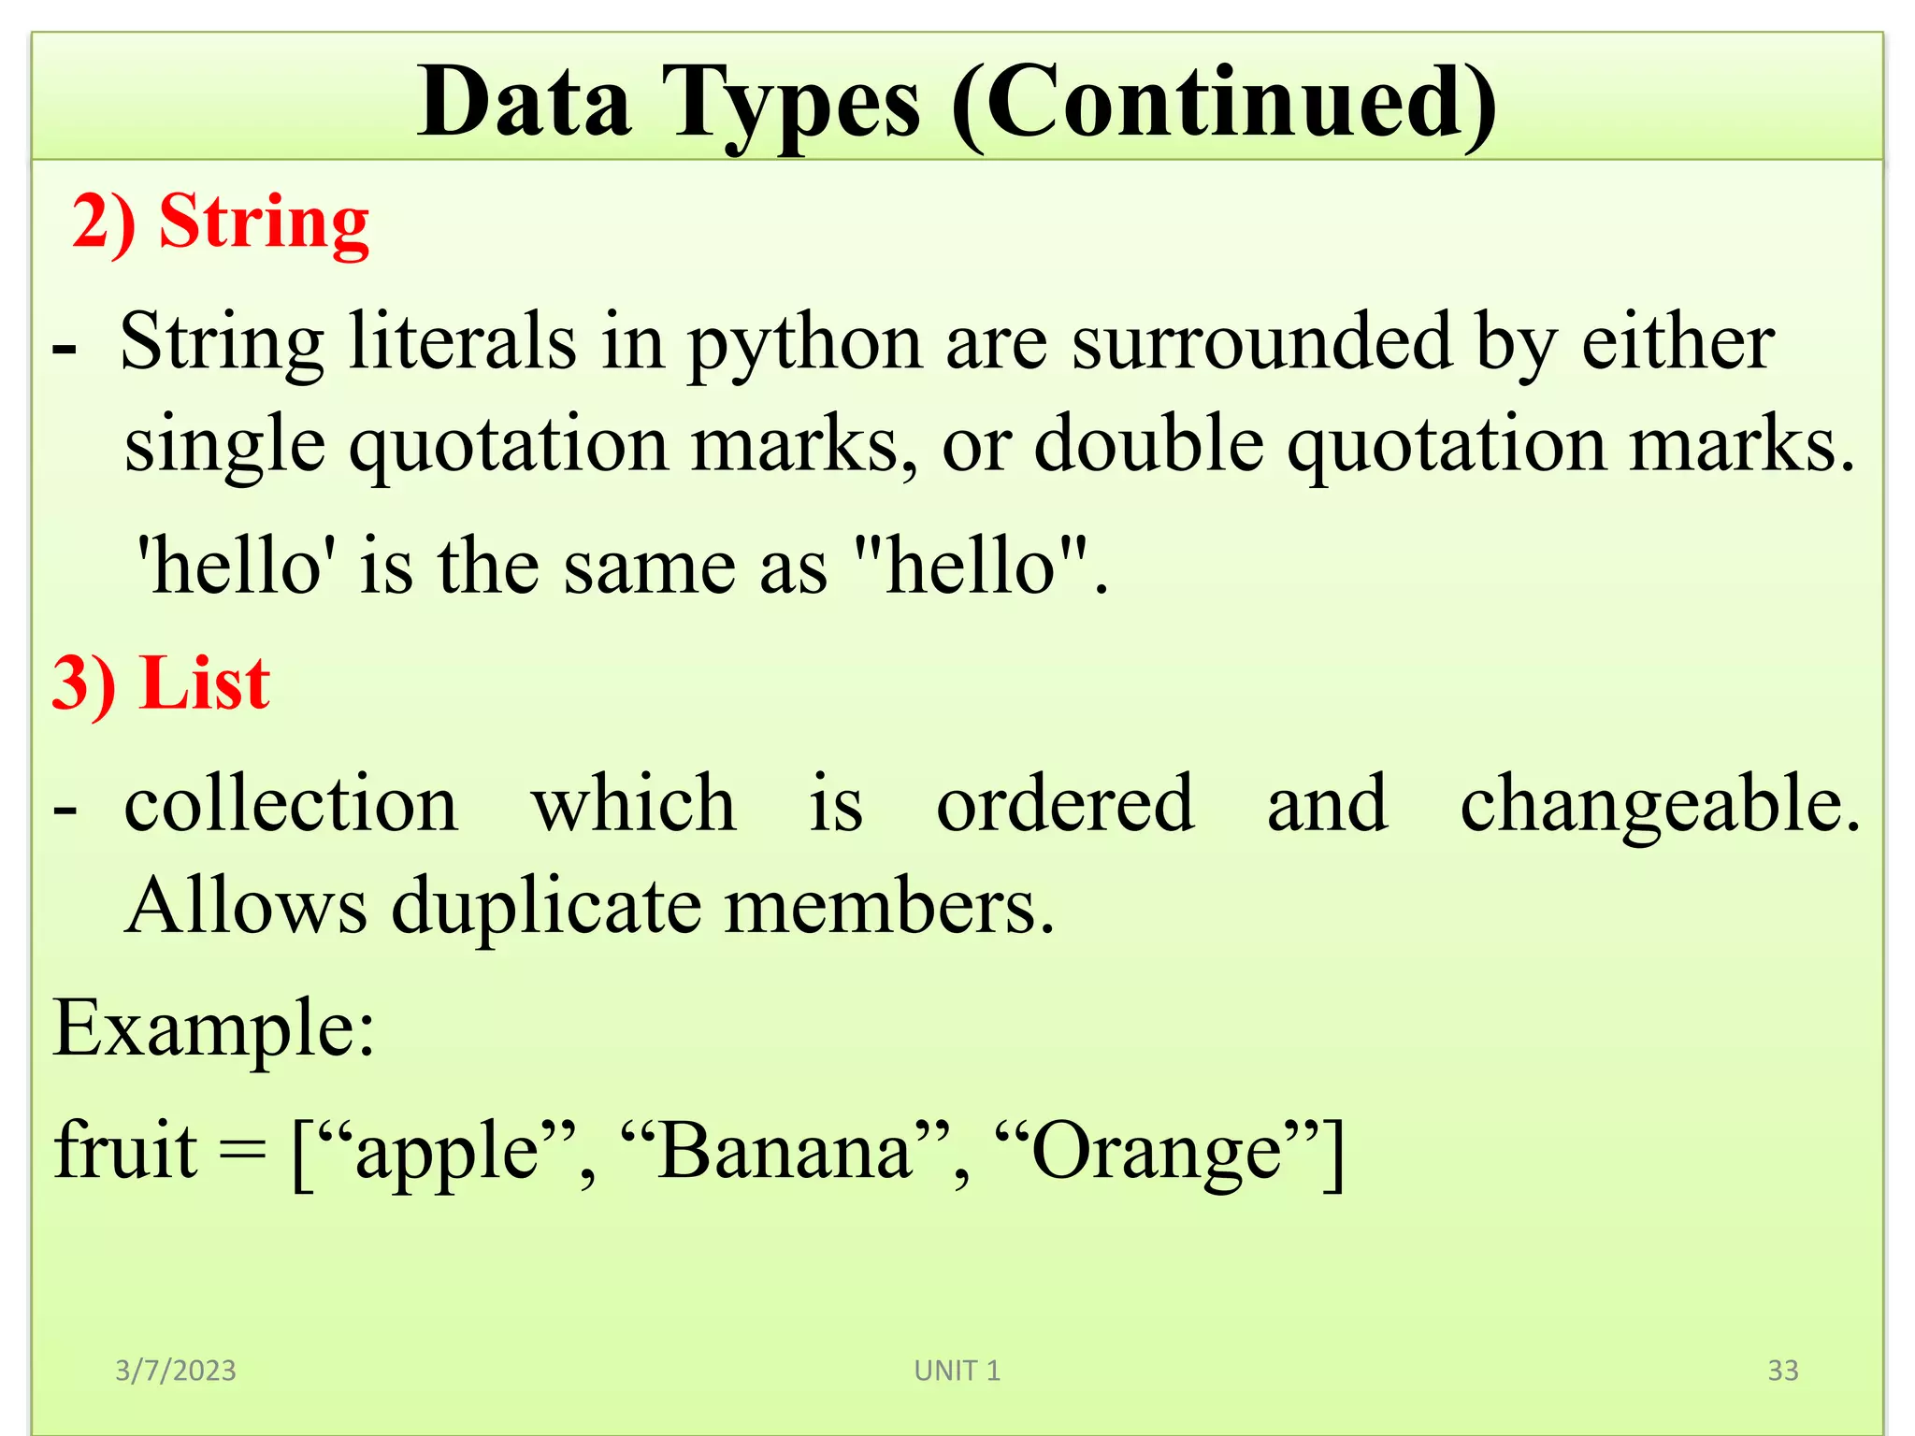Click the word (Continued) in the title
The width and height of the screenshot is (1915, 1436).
coord(1224,105)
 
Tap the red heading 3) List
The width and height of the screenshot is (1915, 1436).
coord(161,683)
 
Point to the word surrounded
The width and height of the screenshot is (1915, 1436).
coord(1261,342)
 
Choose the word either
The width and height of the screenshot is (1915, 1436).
coord(1677,342)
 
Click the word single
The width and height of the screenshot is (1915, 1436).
coord(224,445)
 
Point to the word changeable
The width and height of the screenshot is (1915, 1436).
coord(1660,806)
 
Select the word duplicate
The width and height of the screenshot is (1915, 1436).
coord(546,907)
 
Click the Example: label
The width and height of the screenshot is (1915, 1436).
coord(214,1028)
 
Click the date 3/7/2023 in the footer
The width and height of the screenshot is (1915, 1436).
coord(176,1371)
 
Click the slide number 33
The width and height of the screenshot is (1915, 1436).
coord(1782,1371)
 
